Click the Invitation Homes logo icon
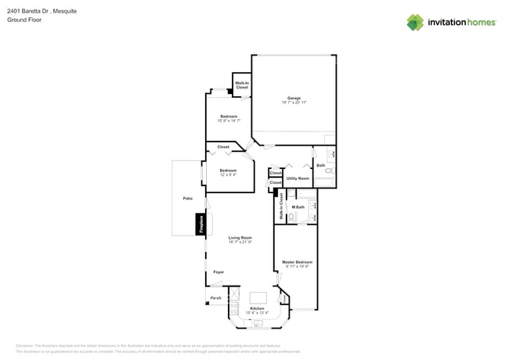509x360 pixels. [x=415, y=22]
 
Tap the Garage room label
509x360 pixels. [x=293, y=98]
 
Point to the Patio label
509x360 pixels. [x=188, y=198]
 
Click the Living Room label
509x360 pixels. [x=240, y=237]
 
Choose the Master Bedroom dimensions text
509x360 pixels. [x=297, y=267]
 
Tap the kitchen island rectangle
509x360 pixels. [x=258, y=298]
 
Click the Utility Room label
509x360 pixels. [x=298, y=178]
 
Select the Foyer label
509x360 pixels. [x=218, y=272]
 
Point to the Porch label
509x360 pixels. [x=215, y=298]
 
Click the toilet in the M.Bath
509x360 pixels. [x=291, y=218]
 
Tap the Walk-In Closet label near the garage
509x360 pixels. [x=242, y=85]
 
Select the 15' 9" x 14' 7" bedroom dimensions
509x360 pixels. [x=228, y=121]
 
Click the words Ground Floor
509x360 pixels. [x=23, y=20]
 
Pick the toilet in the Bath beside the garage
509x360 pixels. [x=329, y=171]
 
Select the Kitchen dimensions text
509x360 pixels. [x=257, y=313]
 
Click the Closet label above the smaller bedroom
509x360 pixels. [x=223, y=147]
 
